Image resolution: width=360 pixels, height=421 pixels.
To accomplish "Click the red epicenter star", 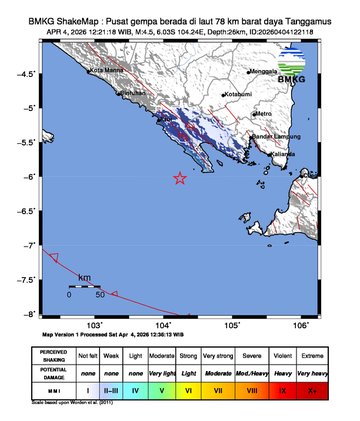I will [x=180, y=178].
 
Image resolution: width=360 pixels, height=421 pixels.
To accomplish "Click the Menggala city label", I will [x=262, y=73].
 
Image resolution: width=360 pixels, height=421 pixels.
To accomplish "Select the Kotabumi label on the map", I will [x=238, y=94].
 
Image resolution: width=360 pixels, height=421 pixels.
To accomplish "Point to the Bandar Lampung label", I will [x=272, y=136].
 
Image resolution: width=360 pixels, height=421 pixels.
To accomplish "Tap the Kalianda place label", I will [x=284, y=154].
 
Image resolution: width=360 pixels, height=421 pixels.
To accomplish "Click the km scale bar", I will [x=84, y=287].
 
